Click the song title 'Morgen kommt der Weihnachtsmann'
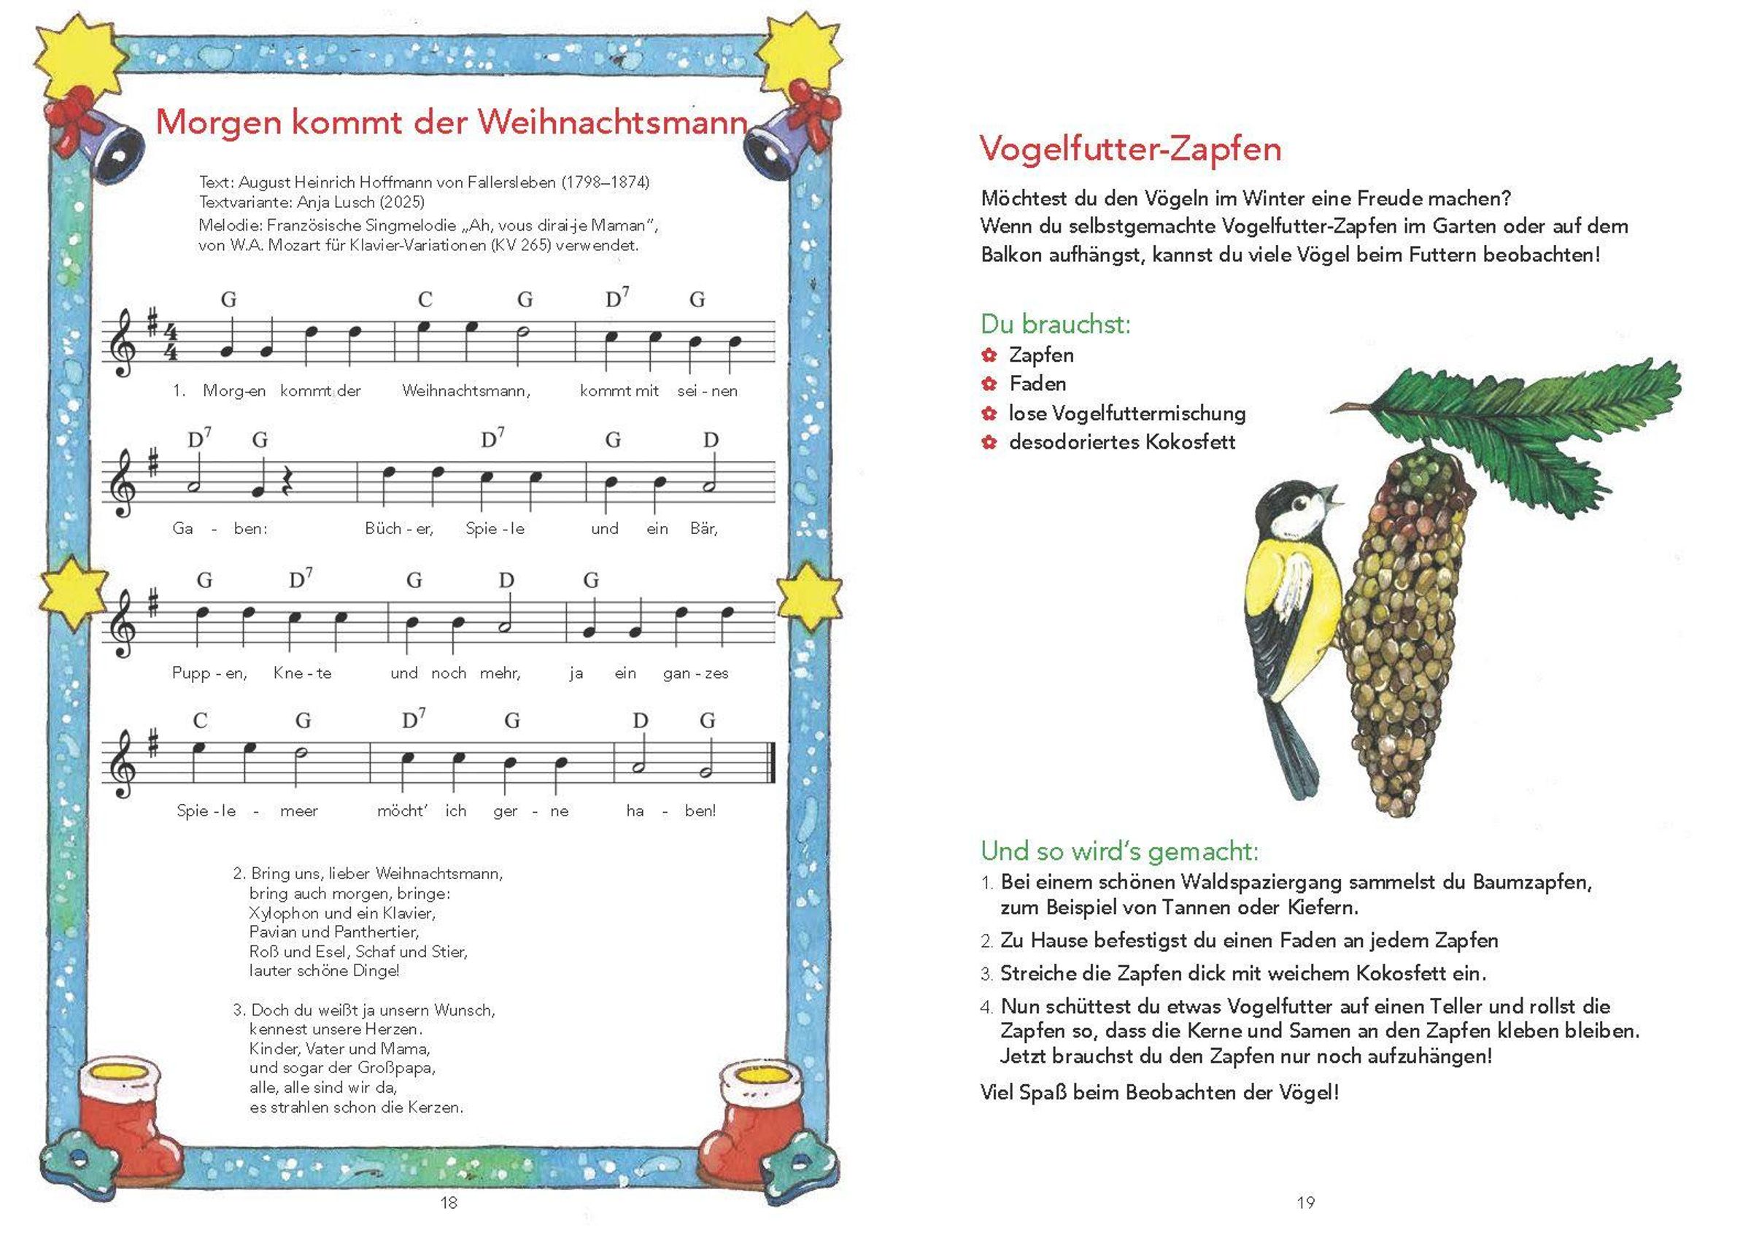[451, 122]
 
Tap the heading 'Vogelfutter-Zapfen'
[1130, 149]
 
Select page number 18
[449, 1203]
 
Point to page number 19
[1306, 1203]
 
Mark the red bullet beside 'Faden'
[989, 384]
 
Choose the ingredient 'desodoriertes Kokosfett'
[1122, 442]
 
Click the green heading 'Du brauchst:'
[1056, 324]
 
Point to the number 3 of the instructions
[986, 975]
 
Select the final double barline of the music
[773, 762]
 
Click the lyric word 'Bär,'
[704, 529]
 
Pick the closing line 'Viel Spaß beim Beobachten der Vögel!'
[1159, 1092]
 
